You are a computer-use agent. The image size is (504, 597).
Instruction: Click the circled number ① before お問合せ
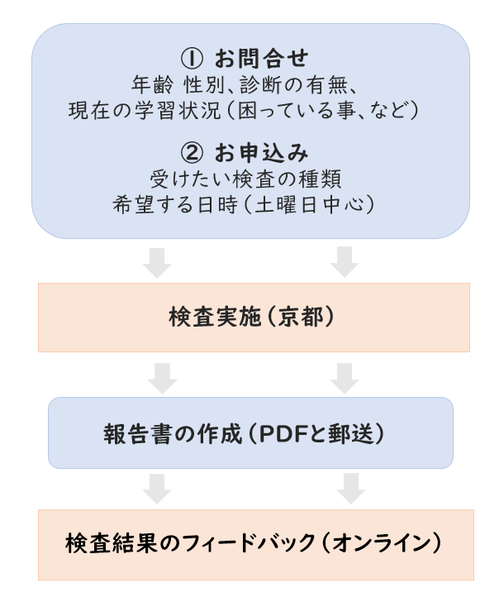pos(191,59)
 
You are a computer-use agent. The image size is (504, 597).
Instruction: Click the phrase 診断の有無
pos(287,84)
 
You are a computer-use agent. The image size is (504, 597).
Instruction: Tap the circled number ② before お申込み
pos(191,154)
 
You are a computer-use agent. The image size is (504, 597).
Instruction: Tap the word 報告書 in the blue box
pos(126,433)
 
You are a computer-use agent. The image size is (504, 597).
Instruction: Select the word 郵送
pos(356,433)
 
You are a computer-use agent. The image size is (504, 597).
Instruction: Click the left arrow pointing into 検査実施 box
pos(156,260)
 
